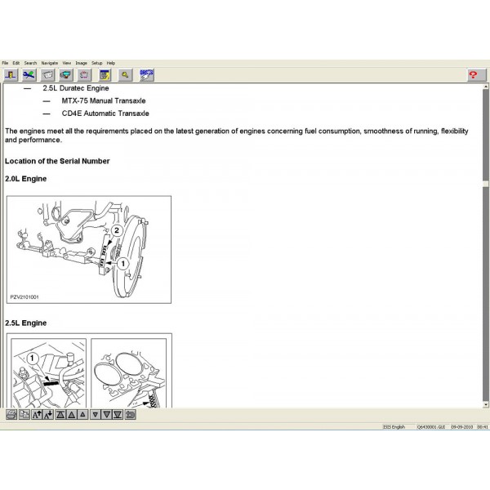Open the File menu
tap(5, 63)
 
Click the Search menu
tap(30, 63)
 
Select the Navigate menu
tap(50, 63)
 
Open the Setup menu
tap(96, 63)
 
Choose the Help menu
tap(111, 63)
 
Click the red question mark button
tap(473, 74)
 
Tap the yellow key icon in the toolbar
tap(125, 74)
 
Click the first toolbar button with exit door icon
tap(11, 74)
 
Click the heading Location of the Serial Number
tap(57, 161)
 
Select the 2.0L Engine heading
tap(26, 178)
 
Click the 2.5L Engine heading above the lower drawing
tap(26, 323)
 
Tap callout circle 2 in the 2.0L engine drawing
tap(117, 231)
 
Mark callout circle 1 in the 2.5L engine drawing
tap(32, 358)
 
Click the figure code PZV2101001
tap(25, 297)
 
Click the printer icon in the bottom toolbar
tap(11, 415)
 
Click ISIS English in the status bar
tap(394, 426)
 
